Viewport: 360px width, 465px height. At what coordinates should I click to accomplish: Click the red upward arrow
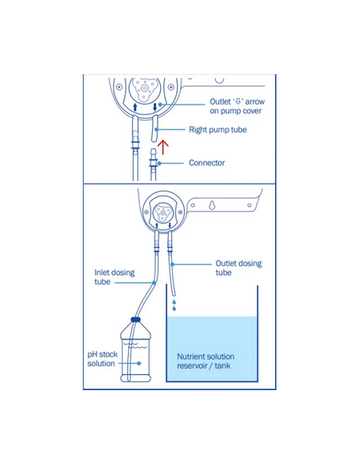[x=162, y=147]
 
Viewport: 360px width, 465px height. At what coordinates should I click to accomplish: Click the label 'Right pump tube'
[x=217, y=130]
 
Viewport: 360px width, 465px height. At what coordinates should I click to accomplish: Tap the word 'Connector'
[x=207, y=162]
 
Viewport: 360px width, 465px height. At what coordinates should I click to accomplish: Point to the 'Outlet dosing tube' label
[x=238, y=268]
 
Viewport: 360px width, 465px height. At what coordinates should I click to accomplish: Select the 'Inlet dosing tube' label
[x=115, y=277]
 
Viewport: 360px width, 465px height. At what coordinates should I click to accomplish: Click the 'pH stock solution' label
[x=102, y=359]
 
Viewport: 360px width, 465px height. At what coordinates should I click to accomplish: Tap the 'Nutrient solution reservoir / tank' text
[x=205, y=361]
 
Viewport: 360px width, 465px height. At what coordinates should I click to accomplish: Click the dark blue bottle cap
[x=135, y=319]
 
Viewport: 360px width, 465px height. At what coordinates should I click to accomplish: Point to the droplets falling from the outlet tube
[x=174, y=305]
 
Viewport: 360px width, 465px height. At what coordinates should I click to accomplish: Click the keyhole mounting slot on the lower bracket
[x=212, y=205]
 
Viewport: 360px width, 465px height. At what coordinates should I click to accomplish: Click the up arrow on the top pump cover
[x=135, y=107]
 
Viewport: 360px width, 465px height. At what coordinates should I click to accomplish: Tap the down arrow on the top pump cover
[x=155, y=107]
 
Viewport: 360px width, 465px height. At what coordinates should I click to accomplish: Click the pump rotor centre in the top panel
[x=144, y=88]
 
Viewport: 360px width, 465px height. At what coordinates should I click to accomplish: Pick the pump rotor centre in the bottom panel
[x=162, y=213]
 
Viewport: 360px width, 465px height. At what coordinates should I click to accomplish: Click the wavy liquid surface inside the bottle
[x=135, y=346]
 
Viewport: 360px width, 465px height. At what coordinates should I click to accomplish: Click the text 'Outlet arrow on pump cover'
[x=237, y=106]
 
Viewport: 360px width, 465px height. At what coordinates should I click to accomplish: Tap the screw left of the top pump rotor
[x=119, y=87]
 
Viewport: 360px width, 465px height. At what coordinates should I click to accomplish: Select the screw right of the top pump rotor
[x=170, y=87]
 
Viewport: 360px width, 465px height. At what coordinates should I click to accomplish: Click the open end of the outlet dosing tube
[x=174, y=295]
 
